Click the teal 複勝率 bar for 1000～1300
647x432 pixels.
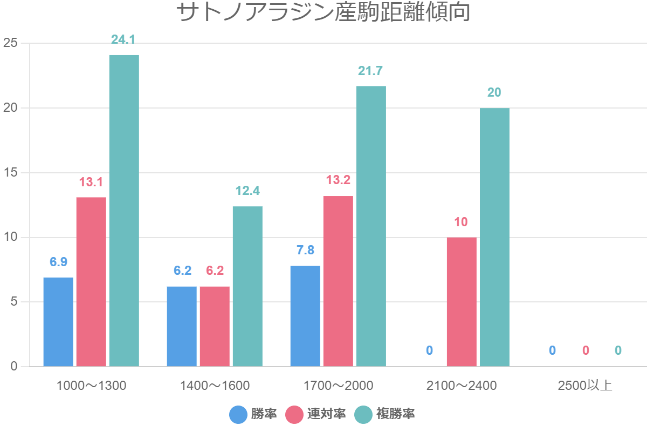point(124,211)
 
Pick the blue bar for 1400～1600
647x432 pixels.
point(182,326)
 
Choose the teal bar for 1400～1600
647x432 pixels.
point(247,286)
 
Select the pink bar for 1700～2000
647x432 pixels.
point(338,281)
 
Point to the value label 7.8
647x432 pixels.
point(305,250)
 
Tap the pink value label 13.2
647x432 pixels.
point(338,180)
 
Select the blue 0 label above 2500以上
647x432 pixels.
point(552,350)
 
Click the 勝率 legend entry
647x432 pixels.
point(253,414)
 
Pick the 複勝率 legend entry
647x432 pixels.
point(385,414)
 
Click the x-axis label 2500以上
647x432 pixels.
point(585,386)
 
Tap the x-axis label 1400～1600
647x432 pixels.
point(215,386)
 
